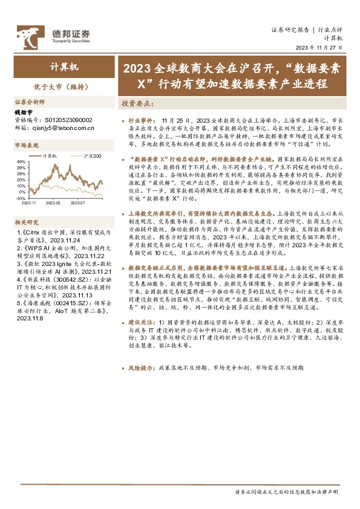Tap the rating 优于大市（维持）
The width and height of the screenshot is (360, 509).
tap(53, 86)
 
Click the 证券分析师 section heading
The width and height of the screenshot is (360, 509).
tap(30, 102)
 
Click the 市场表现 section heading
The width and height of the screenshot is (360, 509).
tap(26, 146)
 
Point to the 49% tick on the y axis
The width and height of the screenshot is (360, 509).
tap(21, 162)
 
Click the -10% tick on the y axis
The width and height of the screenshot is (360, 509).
tap(20, 198)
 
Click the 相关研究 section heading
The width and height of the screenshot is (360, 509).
tap(26, 222)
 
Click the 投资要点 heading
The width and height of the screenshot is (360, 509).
tap(136, 103)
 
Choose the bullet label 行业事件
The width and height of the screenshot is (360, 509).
tap(143, 121)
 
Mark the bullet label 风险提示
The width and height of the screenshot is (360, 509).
tap(143, 368)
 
